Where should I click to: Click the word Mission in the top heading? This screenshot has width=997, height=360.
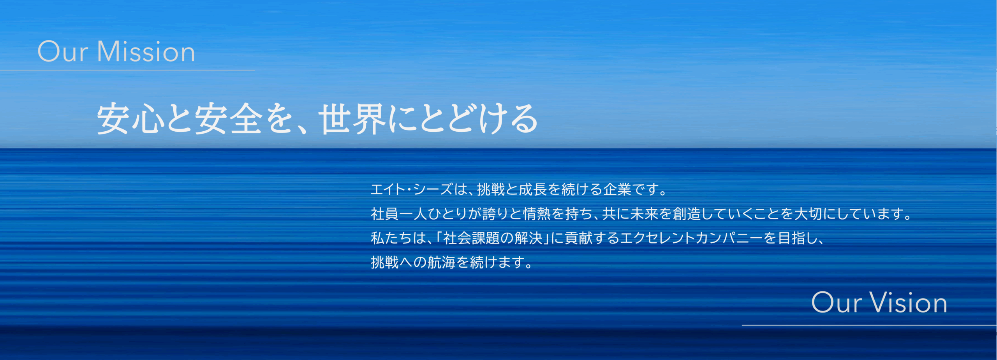146,51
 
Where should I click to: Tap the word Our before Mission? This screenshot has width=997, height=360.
62,51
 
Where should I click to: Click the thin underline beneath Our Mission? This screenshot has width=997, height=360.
127,70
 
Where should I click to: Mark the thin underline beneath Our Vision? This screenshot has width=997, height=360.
869,325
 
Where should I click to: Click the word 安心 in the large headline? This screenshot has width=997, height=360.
130,119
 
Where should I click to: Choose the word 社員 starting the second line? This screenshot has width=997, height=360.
385,214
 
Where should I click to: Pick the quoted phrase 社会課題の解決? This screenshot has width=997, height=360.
493,238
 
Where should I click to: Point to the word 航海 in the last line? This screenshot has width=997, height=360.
442,263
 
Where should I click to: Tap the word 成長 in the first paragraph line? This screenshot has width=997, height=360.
533,189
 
